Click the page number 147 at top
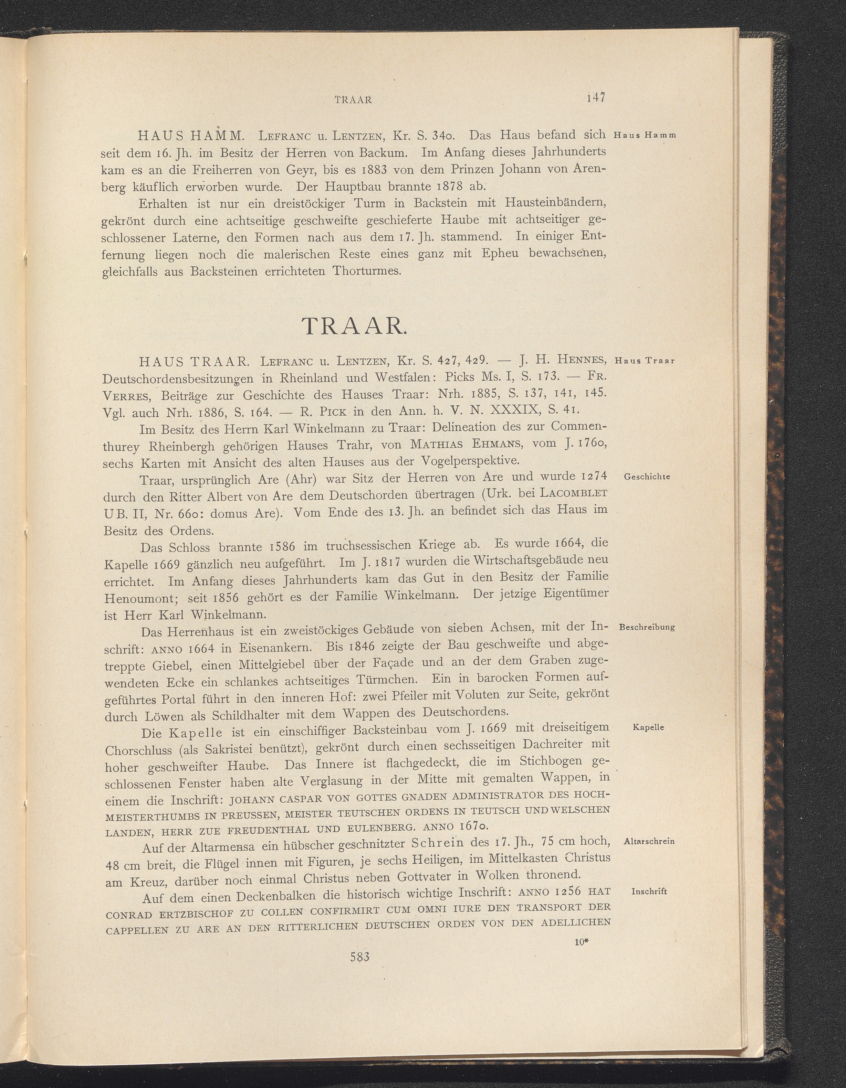(x=595, y=98)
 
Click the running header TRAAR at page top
(x=354, y=99)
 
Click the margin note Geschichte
(x=647, y=477)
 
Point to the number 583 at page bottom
(x=359, y=957)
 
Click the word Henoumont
(x=139, y=598)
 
